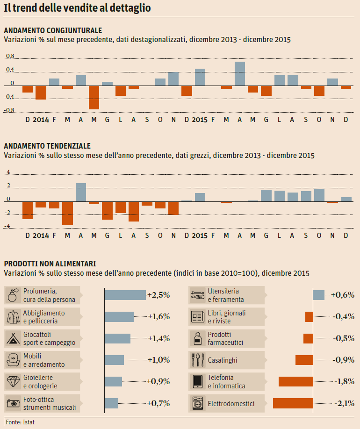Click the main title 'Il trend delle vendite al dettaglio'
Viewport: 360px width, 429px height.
tap(77, 9)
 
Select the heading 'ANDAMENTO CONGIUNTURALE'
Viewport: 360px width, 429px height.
tap(53, 31)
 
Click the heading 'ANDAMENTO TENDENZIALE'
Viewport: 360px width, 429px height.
tap(47, 146)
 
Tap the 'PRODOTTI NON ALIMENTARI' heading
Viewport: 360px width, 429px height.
tap(50, 264)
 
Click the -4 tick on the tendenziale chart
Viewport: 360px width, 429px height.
tap(8, 227)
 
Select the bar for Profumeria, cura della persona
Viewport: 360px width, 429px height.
tap(125, 295)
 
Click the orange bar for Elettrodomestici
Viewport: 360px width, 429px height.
tap(293, 403)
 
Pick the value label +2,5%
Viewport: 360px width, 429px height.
tap(158, 295)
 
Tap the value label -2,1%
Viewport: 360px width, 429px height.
tap(343, 403)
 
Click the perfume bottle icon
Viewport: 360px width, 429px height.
tap(13, 295)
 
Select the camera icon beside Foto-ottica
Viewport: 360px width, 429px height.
tap(13, 403)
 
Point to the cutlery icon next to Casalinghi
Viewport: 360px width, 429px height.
tap(197, 360)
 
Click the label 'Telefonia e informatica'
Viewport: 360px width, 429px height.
tap(226, 382)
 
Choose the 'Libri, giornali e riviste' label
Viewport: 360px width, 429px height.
tap(226, 317)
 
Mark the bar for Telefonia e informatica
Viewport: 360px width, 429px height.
tap(295, 382)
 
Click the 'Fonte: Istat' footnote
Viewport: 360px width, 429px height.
tap(20, 422)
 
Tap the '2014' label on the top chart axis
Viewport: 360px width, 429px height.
tap(41, 120)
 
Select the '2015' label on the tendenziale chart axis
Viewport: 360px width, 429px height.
tap(200, 235)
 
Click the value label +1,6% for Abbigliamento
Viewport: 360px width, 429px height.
tap(159, 317)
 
